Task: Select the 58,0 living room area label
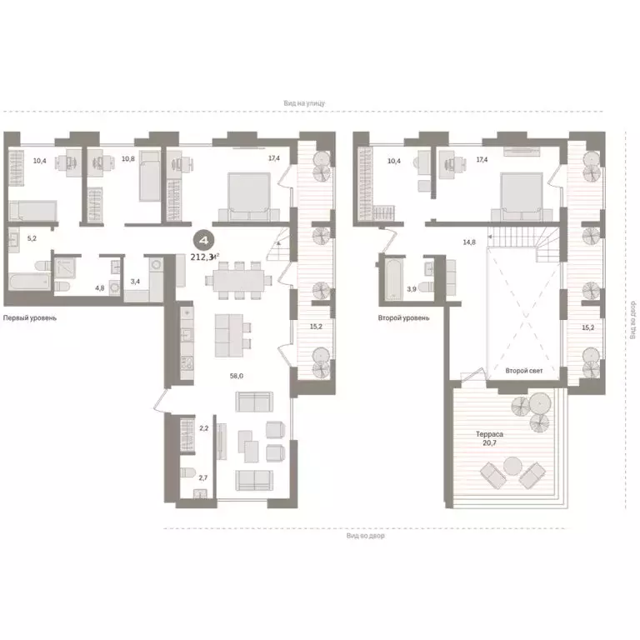click(x=237, y=376)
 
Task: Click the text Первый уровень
click(x=30, y=318)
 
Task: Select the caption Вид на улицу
click(x=303, y=103)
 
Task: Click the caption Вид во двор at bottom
click(x=366, y=536)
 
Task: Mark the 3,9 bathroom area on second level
click(x=411, y=288)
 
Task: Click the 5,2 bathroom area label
click(x=32, y=238)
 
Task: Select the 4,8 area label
click(x=99, y=287)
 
